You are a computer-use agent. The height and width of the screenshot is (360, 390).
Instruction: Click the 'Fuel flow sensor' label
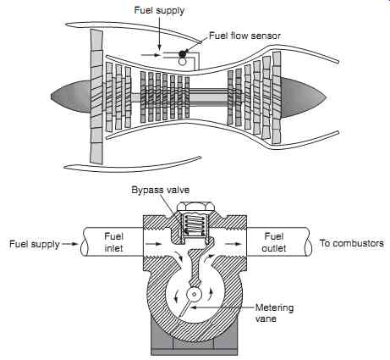click(x=244, y=36)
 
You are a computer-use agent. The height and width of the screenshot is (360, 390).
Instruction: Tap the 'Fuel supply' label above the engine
click(x=159, y=11)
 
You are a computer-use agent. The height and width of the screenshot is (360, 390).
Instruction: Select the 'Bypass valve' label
click(x=161, y=190)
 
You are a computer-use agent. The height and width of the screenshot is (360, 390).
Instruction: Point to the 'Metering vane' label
click(x=274, y=313)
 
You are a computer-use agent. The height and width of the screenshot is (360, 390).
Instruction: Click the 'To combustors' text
click(x=351, y=243)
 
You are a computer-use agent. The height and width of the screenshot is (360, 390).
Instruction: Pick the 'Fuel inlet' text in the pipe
click(x=114, y=242)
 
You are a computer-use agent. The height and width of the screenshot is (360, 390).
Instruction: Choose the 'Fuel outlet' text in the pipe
click(x=274, y=242)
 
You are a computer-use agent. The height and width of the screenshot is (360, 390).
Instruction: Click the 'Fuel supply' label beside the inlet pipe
click(x=35, y=244)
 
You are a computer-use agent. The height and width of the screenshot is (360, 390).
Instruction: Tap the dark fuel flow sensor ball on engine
click(x=183, y=53)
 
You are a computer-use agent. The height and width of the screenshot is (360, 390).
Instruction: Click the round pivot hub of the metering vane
click(x=195, y=295)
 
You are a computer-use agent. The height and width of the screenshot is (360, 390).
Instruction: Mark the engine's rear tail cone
click(x=303, y=97)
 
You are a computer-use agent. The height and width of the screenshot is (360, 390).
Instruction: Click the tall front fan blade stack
click(x=96, y=96)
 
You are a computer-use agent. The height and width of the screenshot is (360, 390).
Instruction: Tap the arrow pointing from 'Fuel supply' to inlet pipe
click(x=70, y=244)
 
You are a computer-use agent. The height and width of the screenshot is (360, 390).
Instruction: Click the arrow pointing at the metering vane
click(x=222, y=307)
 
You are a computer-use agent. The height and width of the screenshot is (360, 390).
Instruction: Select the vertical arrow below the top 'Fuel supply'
click(x=159, y=33)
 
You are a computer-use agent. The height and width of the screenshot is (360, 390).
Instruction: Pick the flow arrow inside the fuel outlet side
click(x=233, y=244)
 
